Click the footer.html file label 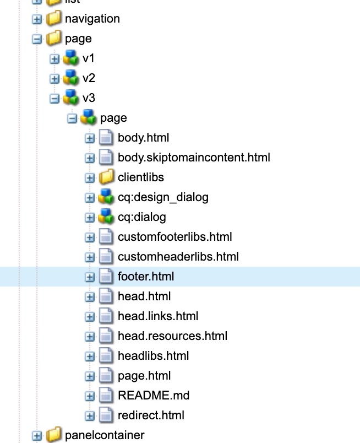[145, 277]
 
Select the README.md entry [153, 396]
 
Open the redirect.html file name [150, 415]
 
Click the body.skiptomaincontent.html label [194, 158]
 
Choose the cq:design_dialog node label [163, 197]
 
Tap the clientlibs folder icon [106, 177]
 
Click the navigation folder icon [53, 19]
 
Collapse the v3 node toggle [54, 99]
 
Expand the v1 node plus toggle [54, 59]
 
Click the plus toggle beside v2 [54, 79]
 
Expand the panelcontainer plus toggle [37, 436]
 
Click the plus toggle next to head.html [90, 297]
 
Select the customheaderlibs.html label [178, 257]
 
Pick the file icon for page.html [106, 376]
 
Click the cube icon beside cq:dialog [106, 217]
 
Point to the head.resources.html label [172, 336]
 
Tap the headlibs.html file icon [106, 356]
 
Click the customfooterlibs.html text [174, 237]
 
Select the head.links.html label [157, 316]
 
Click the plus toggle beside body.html [90, 138]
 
